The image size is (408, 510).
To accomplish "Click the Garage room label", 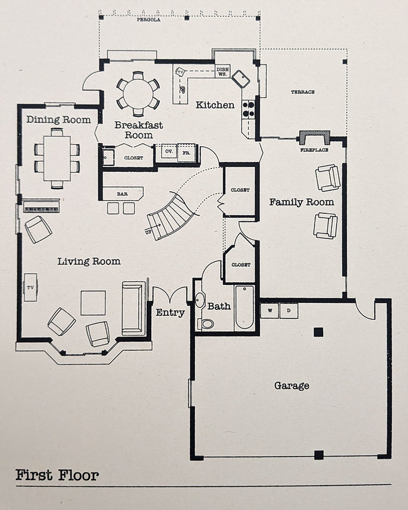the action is (292, 385).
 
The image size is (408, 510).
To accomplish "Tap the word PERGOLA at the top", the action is (149, 20).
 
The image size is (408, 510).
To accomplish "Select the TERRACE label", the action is (302, 92).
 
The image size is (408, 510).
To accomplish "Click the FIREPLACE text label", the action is (314, 150).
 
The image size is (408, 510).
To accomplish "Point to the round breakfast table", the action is (138, 94).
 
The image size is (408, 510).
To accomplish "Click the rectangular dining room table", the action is (57, 158).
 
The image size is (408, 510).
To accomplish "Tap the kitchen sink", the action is (241, 79).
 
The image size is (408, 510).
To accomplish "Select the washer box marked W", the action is (270, 310).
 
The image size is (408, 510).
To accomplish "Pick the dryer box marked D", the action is (289, 310).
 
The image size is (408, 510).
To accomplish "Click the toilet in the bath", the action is (206, 324).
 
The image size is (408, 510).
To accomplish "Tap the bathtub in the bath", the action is (244, 307).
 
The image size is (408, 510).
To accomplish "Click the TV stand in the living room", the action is (30, 287).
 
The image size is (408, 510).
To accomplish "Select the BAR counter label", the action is (122, 194).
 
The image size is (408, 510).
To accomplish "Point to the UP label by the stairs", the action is (148, 232).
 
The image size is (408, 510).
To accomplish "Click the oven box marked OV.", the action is (169, 152).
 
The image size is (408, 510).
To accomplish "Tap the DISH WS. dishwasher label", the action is (223, 72).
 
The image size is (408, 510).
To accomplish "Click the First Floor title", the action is (57, 475).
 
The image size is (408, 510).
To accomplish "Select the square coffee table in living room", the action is (93, 303).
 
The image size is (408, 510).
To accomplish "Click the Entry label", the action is (170, 313).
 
